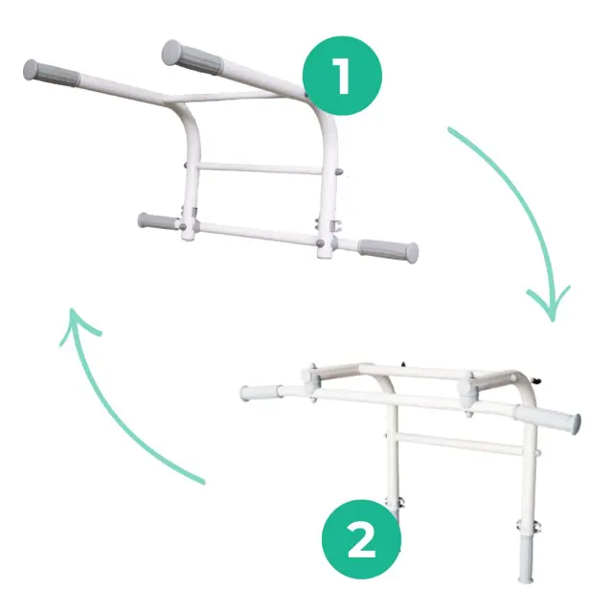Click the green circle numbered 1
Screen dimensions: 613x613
(342, 76)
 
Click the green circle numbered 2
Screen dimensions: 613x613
(361, 539)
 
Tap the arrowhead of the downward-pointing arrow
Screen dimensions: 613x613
(549, 305)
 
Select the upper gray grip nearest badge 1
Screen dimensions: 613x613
(193, 57)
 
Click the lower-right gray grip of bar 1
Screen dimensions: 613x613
(388, 251)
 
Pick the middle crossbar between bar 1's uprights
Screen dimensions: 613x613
(259, 169)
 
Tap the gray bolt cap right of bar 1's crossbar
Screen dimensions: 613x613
(339, 171)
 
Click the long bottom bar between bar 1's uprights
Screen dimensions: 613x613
(258, 233)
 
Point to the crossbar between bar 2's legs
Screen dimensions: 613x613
(461, 443)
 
